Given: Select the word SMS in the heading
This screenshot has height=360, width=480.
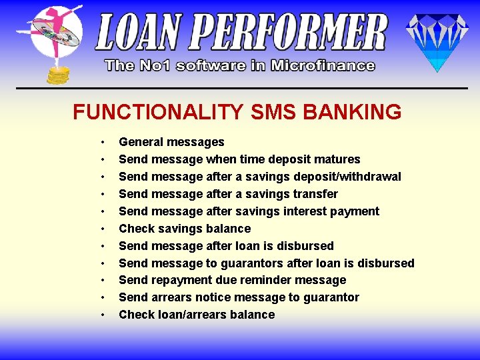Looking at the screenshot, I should [273, 111].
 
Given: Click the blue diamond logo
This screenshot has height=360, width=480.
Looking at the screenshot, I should [437, 41].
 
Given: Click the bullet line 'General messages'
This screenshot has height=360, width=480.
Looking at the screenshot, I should [171, 142].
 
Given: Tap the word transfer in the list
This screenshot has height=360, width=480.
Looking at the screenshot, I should [314, 194].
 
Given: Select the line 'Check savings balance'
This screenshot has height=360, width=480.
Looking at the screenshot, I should [185, 229].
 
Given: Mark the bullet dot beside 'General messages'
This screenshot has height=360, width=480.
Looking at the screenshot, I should [103, 142].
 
